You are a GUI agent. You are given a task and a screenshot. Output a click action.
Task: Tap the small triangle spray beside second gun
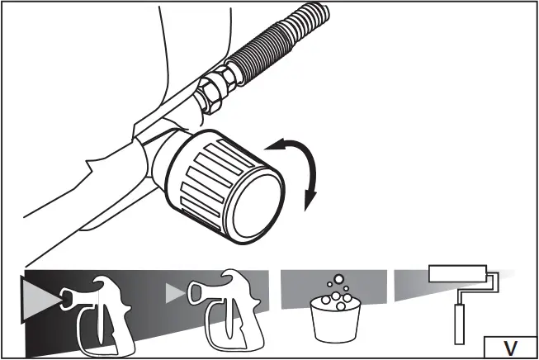tap(173, 293)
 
